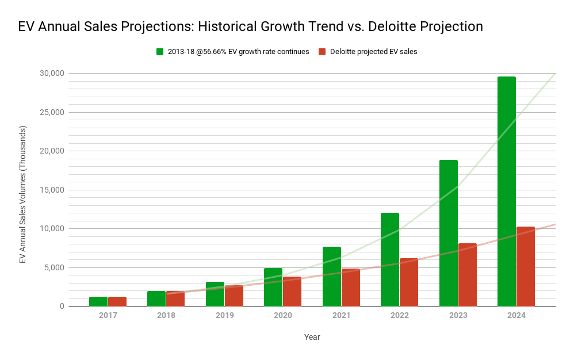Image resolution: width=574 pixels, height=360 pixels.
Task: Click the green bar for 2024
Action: pyautogui.click(x=506, y=192)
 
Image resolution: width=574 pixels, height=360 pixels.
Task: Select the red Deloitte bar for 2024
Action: pyautogui.click(x=526, y=266)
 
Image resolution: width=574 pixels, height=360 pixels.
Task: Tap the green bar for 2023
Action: pyautogui.click(x=448, y=233)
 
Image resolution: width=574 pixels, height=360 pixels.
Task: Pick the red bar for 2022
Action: pyautogui.click(x=409, y=282)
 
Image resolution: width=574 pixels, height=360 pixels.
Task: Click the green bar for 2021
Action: pyautogui.click(x=331, y=277)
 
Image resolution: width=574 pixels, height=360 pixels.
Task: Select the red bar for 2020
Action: pyautogui.click(x=292, y=292)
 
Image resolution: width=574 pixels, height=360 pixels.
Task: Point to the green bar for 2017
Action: pyautogui.click(x=98, y=301)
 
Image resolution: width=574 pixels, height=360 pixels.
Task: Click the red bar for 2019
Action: pyautogui.click(x=234, y=296)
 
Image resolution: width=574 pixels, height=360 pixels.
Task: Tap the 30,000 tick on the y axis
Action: pyautogui.click(x=52, y=74)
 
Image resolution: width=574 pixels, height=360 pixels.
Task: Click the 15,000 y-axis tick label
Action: pyautogui.click(x=52, y=190)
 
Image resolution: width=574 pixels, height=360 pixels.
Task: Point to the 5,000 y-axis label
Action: pyautogui.click(x=54, y=267)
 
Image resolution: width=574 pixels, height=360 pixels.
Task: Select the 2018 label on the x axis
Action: pyautogui.click(x=166, y=316)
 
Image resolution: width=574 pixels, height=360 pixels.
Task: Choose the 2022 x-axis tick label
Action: pyautogui.click(x=399, y=316)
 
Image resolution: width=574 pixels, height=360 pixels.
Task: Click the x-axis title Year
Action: pyautogui.click(x=312, y=337)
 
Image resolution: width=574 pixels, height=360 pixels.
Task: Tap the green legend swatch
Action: pyautogui.click(x=160, y=52)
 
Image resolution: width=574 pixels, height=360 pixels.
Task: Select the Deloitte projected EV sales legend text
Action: pyautogui.click(x=373, y=52)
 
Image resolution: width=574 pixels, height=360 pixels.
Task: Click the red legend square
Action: pyautogui.click(x=322, y=52)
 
